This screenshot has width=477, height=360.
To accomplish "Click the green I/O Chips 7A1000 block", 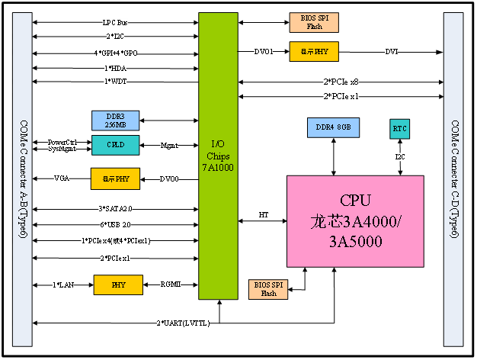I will pos(218,156).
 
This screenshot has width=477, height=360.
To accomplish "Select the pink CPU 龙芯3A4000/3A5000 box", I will pos(355,221).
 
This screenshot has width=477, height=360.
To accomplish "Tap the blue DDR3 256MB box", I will pos(116,121).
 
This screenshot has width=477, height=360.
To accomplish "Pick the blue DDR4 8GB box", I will pos(334,127).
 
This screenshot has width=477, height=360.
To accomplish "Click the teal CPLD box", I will pos(116,145).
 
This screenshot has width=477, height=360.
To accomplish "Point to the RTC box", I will pos(400,129).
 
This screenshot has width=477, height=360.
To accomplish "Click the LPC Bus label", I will pos(116,23).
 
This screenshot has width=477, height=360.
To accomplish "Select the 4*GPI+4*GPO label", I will pos(116,53).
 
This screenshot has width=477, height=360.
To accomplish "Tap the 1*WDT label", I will pos(116,81).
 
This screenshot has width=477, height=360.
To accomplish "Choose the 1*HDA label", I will pos(116,68).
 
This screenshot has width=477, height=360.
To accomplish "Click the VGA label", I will pos(62,178).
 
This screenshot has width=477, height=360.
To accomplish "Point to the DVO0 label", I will pos(169,179).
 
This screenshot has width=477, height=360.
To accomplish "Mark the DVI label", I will pos(391,52).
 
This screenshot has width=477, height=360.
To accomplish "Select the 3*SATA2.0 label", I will pos(116,208).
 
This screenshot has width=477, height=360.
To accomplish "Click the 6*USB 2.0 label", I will pos(116,225).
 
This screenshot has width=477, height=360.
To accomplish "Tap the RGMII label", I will pos(171,284).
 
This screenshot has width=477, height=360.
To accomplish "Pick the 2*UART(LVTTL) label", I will pos(183,323).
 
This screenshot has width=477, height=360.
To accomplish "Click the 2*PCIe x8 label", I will pos(341,82).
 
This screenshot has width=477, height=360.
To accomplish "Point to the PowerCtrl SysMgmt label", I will pos(62,145).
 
